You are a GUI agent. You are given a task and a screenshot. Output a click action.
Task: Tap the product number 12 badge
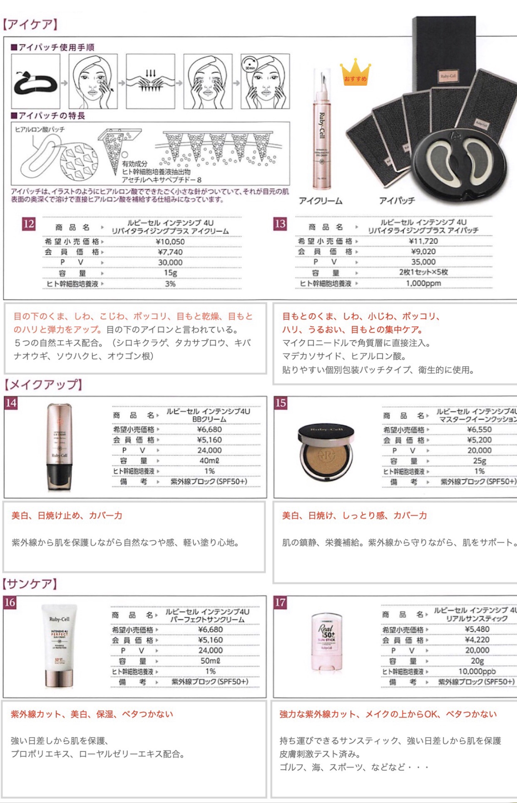[x=28, y=224]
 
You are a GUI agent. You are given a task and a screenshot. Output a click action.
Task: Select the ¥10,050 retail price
[x=170, y=242]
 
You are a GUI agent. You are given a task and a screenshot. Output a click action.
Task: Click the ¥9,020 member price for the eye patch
[x=423, y=252]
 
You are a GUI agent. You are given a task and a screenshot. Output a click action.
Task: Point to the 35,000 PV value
[x=423, y=262]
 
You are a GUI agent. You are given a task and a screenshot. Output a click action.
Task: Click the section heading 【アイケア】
[x=30, y=25]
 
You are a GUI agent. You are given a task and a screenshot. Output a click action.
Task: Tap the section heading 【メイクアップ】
[x=43, y=384]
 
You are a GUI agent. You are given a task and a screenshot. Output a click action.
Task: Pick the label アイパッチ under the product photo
[x=397, y=201]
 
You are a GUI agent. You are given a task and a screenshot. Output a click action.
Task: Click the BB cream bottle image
[x=59, y=447]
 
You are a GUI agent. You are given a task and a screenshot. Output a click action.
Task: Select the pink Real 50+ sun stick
[x=326, y=642]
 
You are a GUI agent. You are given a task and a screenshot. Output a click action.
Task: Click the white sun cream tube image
[x=59, y=646]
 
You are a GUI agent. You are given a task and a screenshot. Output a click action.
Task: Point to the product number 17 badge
[x=280, y=603]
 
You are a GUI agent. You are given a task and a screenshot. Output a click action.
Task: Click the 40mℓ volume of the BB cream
[x=209, y=461]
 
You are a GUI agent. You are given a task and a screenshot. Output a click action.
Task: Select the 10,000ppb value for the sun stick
[x=477, y=671]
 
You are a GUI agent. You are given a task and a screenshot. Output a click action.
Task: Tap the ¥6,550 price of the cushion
[x=479, y=429]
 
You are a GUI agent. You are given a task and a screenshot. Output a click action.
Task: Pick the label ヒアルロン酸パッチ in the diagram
[x=40, y=130]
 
